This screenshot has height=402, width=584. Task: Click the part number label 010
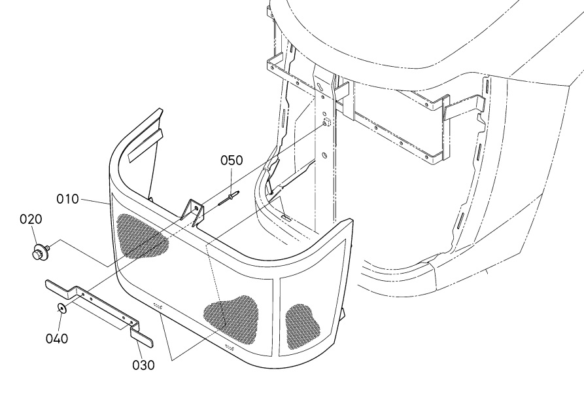click(x=67, y=199)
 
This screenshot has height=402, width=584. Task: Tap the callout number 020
click(x=31, y=219)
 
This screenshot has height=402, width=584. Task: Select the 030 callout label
click(x=143, y=365)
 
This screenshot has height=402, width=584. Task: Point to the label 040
click(x=57, y=338)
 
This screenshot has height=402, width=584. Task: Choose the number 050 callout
click(x=232, y=160)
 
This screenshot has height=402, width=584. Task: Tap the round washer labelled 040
click(x=61, y=308)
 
